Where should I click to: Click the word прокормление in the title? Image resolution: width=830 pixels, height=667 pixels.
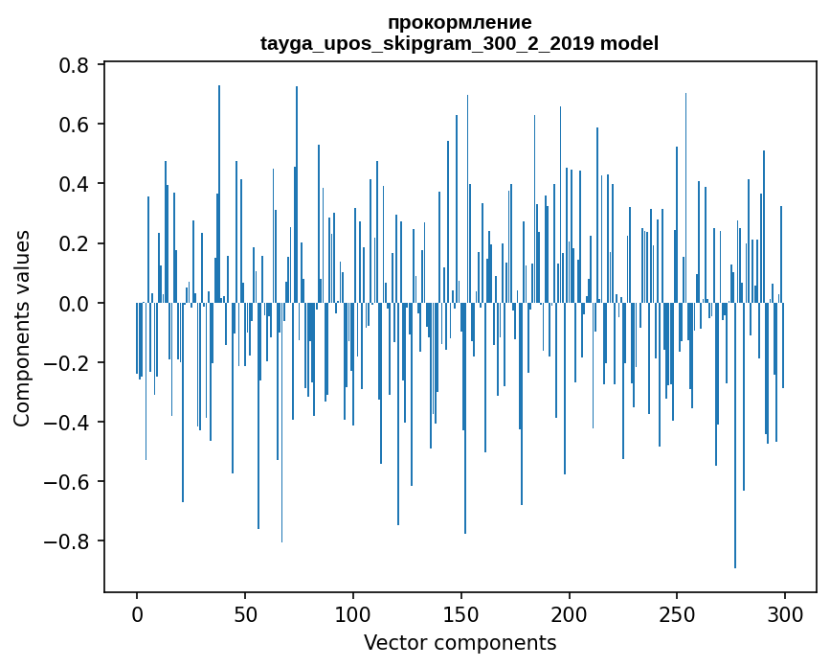click(460, 22)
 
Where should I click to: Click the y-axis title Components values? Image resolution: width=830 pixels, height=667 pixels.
click(21, 328)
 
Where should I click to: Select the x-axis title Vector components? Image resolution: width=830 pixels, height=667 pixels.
click(460, 642)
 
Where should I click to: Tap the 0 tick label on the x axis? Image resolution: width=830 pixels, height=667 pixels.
click(137, 613)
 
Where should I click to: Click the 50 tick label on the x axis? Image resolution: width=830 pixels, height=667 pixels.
click(245, 613)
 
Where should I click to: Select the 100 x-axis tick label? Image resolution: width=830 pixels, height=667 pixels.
click(353, 613)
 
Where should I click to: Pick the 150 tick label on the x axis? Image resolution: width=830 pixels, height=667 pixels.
click(461, 613)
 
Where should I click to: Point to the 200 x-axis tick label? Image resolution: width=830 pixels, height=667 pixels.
click(570, 613)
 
